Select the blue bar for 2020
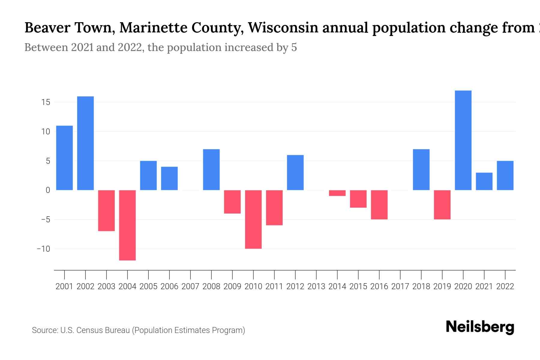pyautogui.click(x=463, y=140)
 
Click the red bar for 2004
pyautogui.click(x=127, y=225)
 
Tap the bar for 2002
pyautogui.click(x=85, y=143)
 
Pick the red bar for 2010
pyautogui.click(x=253, y=219)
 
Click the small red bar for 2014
pyautogui.click(x=337, y=193)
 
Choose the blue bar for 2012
pyautogui.click(x=295, y=172)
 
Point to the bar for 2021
pyautogui.click(x=484, y=181)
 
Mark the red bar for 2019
pyautogui.click(x=442, y=205)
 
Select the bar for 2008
pyautogui.click(x=211, y=169)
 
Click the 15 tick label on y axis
pyautogui.click(x=46, y=102)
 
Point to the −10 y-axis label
pyautogui.click(x=43, y=249)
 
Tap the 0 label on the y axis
pyautogui.click(x=48, y=190)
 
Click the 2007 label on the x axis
pyautogui.click(x=190, y=286)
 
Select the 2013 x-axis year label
pyautogui.click(x=316, y=286)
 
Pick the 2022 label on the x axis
pyautogui.click(x=505, y=286)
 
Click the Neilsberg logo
pyautogui.click(x=480, y=327)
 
